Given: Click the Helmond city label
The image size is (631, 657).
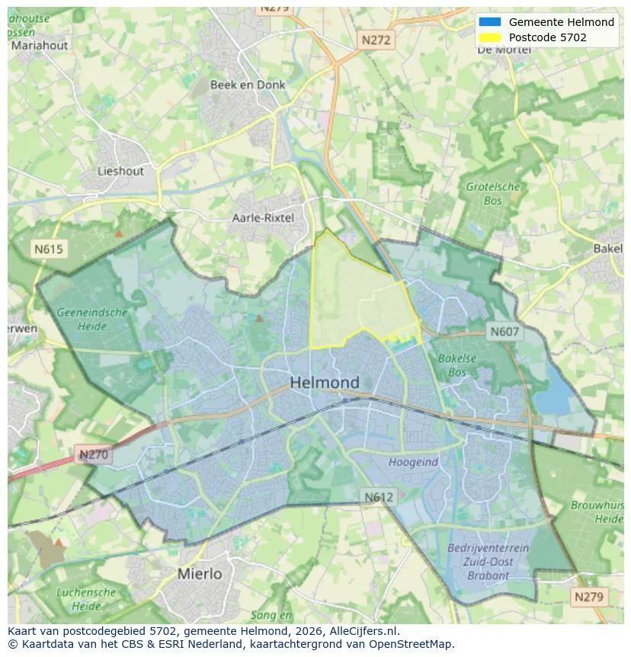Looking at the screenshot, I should (325, 382).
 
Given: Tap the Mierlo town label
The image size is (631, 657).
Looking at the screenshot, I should (200, 573).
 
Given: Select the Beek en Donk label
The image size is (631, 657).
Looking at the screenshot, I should (248, 85).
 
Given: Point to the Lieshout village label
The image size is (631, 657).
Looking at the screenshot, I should (120, 171).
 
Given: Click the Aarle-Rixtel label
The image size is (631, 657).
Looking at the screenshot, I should (263, 217).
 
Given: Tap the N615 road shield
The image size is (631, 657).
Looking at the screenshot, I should (49, 249).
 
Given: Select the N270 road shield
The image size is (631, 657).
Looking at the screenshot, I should (94, 456).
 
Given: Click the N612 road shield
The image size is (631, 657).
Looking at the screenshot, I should (379, 497).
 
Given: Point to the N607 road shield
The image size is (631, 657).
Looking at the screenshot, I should (504, 331).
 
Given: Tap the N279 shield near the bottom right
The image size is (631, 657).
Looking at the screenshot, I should (589, 597).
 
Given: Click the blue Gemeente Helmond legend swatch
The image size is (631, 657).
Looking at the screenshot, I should (490, 22).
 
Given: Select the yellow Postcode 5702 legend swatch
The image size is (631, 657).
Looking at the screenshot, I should (490, 37).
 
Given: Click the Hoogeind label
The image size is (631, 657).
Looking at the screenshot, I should (413, 462).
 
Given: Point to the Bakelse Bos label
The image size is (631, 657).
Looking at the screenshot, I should (457, 365).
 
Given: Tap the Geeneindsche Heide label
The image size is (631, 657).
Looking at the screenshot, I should (92, 319).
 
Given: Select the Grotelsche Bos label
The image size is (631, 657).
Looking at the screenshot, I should (493, 194).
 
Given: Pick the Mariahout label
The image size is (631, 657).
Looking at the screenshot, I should (39, 45).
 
